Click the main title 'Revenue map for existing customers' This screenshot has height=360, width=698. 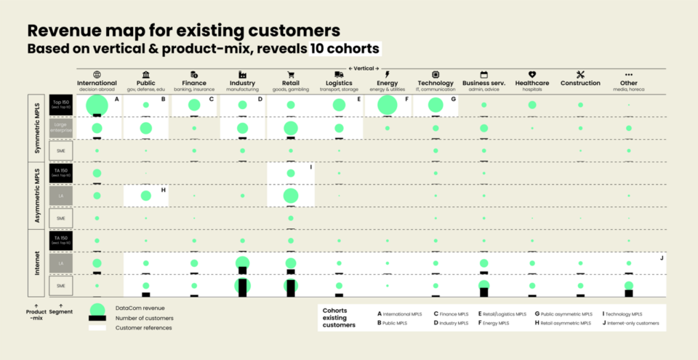pyautogui.click(x=183, y=31)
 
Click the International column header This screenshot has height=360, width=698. pyautogui.click(x=97, y=83)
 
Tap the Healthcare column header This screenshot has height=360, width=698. pyautogui.click(x=532, y=83)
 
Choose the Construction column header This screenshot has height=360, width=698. pyautogui.click(x=579, y=83)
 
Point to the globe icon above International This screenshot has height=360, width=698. pyautogui.click(x=97, y=74)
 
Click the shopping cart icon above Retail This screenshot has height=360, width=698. pyautogui.click(x=291, y=74)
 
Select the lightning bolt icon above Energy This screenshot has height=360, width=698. pyautogui.click(x=387, y=74)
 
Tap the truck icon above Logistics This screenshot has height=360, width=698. pyautogui.click(x=339, y=74)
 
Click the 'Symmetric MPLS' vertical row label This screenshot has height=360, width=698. pyautogui.click(x=38, y=129)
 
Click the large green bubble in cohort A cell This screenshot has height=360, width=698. pyautogui.click(x=97, y=105)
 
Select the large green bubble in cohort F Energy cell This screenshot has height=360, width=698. pyautogui.click(x=387, y=105)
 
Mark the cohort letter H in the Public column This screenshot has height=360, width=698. pyautogui.click(x=164, y=190)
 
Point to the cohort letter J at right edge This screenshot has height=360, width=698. pyautogui.click(x=661, y=257)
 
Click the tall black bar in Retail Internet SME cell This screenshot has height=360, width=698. pyautogui.click(x=291, y=289)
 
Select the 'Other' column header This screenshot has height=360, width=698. pyautogui.click(x=629, y=83)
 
